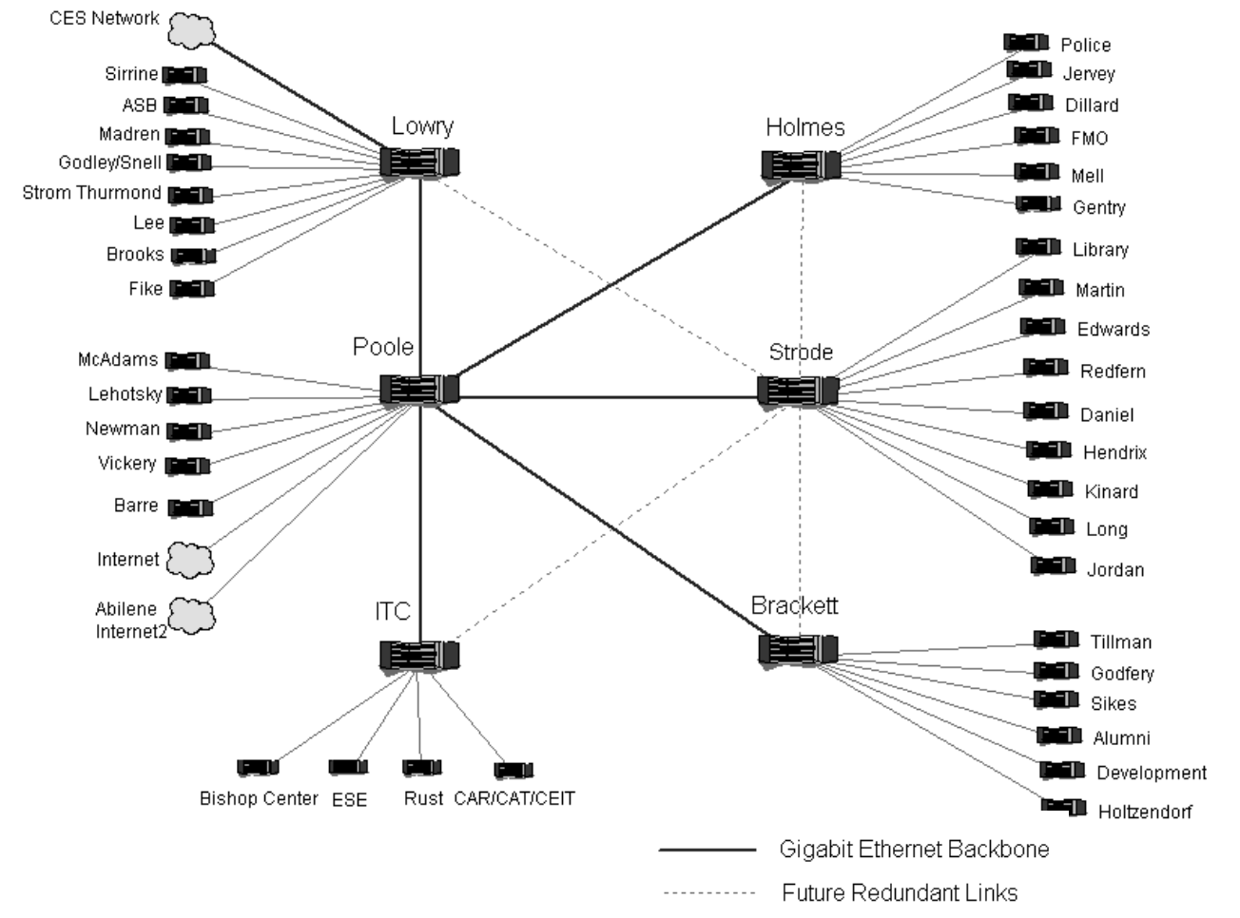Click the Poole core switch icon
point(419,390)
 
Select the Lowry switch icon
point(419,162)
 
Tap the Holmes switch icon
point(801,165)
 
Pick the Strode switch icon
point(798,390)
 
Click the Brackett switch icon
point(798,649)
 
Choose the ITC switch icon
point(419,655)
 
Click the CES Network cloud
point(191,30)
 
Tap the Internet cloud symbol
point(189,560)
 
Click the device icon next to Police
point(1026,43)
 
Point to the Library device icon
point(1037,247)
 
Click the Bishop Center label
point(259,798)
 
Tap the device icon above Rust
point(421,767)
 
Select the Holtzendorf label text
point(1145,812)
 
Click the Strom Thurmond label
point(92,193)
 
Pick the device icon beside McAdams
point(187,360)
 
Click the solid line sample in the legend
point(707,850)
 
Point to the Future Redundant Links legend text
point(900,893)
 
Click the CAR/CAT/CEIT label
point(514,798)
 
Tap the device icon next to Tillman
point(1056,640)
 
